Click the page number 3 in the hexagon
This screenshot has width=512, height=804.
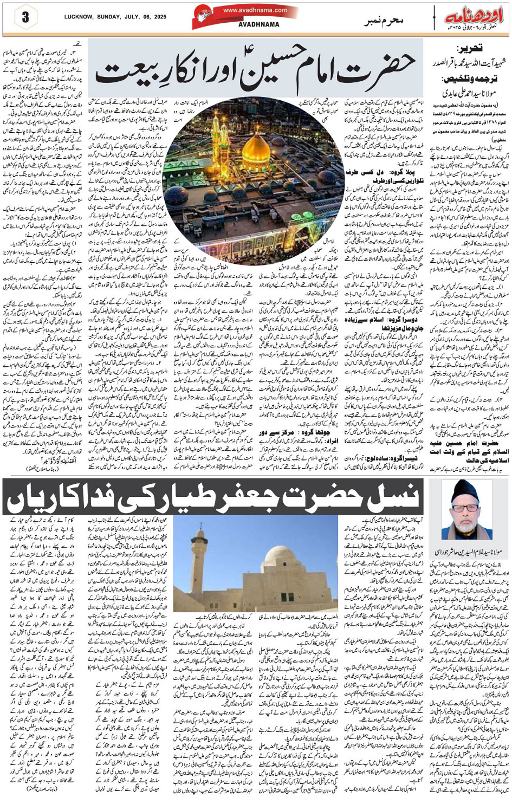point(25,17)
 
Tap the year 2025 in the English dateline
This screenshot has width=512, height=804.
point(163,17)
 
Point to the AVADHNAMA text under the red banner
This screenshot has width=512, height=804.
point(258,24)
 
